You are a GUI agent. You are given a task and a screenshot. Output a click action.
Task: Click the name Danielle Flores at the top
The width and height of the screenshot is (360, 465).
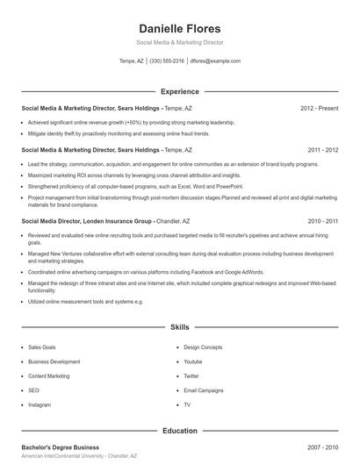click(179, 28)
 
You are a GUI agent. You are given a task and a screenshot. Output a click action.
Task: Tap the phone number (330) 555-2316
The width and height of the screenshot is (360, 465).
click(167, 61)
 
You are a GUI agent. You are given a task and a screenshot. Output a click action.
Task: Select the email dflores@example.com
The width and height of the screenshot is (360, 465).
click(215, 61)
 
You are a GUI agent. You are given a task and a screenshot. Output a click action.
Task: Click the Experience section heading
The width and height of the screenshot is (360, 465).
click(179, 91)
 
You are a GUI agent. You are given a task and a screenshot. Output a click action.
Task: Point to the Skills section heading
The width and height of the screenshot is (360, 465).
click(179, 327)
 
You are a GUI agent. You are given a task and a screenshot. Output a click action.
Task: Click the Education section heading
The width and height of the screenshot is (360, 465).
click(179, 431)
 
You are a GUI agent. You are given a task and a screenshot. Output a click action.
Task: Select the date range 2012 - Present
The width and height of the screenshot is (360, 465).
click(319, 108)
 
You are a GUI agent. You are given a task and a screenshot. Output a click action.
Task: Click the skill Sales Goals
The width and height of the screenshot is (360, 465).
click(41, 347)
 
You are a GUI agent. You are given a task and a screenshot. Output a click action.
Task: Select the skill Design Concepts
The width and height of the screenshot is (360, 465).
click(203, 347)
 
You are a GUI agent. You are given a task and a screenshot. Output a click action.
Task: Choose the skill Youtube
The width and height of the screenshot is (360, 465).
click(193, 361)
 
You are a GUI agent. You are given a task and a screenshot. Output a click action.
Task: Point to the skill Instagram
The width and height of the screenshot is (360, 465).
click(40, 404)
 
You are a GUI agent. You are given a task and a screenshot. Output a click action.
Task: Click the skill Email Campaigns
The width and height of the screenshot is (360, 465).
click(204, 390)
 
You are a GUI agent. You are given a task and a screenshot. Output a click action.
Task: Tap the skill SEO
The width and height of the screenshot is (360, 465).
click(33, 390)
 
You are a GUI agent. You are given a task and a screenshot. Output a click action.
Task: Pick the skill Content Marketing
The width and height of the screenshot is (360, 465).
click(48, 376)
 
